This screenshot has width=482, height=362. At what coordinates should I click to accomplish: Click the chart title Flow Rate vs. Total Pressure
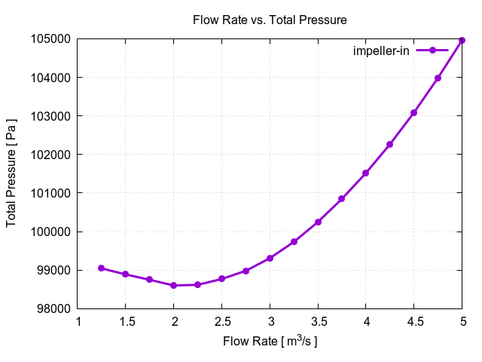coord(270,20)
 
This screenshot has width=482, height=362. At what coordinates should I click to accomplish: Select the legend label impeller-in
coord(381,51)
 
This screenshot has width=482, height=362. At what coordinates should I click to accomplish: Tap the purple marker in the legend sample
coord(432,51)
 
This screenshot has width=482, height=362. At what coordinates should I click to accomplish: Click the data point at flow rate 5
coord(462,40)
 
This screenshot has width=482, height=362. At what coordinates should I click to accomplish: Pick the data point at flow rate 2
coord(174,285)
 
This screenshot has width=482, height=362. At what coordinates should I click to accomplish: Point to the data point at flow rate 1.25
coord(102,268)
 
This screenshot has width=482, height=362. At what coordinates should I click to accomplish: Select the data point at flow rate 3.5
coord(318,222)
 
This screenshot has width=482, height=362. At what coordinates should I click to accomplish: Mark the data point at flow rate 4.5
coord(414,112)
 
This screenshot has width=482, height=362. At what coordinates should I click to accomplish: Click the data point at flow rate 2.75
coord(246,271)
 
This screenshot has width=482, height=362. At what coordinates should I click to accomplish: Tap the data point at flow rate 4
coord(366,173)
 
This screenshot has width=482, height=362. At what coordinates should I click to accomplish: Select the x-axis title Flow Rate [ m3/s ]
coord(270,341)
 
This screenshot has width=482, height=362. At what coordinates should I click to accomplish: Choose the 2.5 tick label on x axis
coord(222,322)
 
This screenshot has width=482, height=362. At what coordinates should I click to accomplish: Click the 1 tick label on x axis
coord(78,322)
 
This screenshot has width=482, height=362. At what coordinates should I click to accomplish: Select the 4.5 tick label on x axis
coord(414,322)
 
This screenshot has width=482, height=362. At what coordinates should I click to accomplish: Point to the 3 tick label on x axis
coord(270,322)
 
